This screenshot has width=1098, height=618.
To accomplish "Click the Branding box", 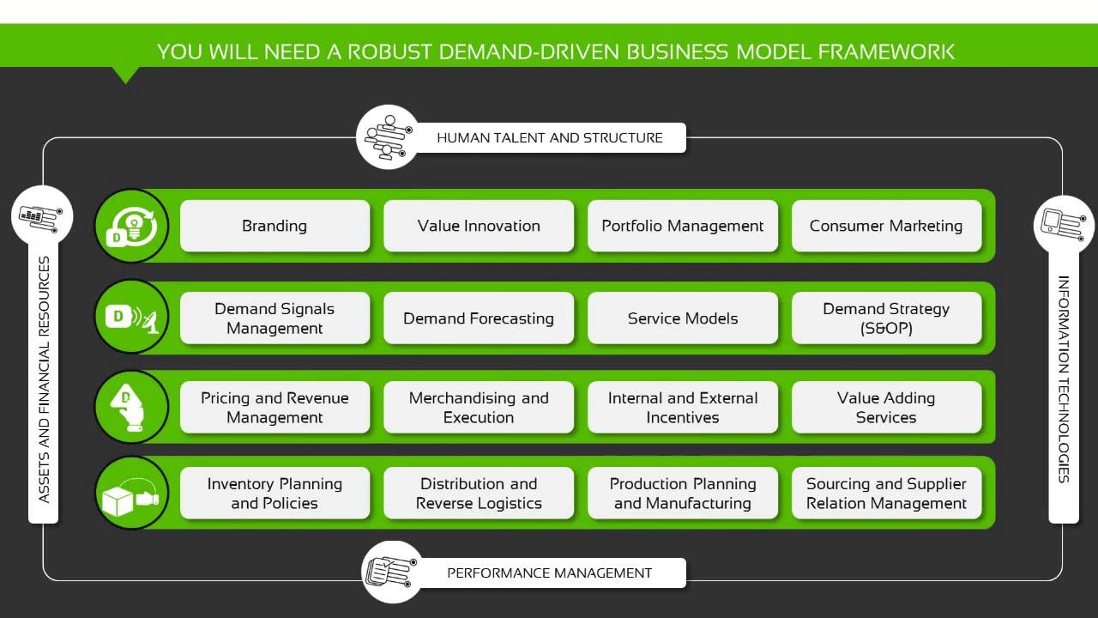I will coord(274,226).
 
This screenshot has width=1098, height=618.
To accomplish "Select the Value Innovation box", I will coord(479,226).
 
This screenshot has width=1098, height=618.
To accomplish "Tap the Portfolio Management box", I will coord(682,226).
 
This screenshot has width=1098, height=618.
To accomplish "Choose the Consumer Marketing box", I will coord(886,226).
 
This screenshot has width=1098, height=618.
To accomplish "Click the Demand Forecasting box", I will coord(479,318).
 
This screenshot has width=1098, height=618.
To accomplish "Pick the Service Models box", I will coord(682,318).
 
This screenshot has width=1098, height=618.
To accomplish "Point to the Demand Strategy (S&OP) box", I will coord(886,318).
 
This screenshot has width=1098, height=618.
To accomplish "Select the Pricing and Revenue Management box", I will coord(274,408).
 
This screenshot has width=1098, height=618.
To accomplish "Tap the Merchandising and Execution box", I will coord(479,408).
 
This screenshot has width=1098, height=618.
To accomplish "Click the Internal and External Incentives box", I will coord(682,408).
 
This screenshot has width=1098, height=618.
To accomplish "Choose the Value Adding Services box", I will coord(886,408).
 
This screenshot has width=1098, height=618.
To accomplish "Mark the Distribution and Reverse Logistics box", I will coord(479,494).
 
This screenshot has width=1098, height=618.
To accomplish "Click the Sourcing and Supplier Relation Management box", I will coord(886,494).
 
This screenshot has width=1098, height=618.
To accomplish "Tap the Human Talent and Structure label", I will coord(549,137).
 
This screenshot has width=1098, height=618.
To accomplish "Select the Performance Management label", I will coord(549,573).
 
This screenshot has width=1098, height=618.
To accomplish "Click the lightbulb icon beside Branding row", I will coord(131,226).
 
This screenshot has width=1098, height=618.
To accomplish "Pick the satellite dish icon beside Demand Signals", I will coord(131,318).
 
